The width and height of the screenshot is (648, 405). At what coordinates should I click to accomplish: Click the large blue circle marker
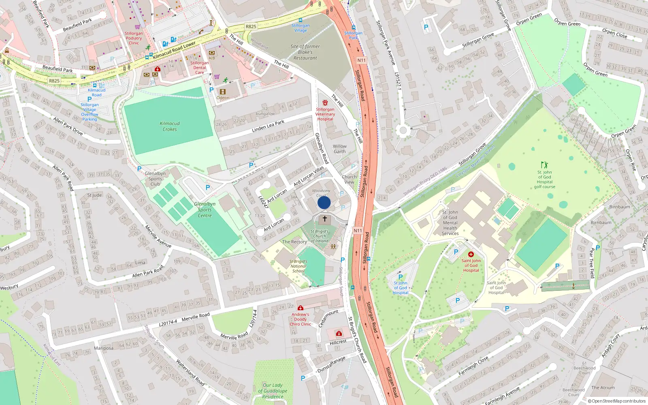(x=324, y=202)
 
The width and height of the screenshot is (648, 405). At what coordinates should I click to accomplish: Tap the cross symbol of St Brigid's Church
(x=324, y=219)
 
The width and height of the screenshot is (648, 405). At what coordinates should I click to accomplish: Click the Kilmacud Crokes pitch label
(x=170, y=126)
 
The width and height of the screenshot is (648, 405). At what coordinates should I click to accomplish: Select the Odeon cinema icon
(x=222, y=92)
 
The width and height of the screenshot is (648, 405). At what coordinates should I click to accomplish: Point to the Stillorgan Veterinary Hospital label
(x=325, y=114)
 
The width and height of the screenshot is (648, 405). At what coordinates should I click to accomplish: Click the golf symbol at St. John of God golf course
(x=544, y=165)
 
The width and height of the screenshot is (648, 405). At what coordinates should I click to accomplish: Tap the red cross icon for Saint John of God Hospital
(x=471, y=254)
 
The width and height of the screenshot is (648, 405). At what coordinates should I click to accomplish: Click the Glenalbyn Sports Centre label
(x=205, y=210)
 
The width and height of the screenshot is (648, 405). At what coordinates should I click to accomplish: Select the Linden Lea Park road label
(x=268, y=126)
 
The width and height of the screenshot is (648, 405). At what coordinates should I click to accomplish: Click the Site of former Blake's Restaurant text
(x=305, y=52)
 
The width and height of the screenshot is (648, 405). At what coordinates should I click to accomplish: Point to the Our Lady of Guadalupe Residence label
(x=273, y=391)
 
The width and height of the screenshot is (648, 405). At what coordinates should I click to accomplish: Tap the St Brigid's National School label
(x=298, y=266)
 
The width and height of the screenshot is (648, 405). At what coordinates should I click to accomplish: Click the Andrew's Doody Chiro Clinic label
(x=301, y=319)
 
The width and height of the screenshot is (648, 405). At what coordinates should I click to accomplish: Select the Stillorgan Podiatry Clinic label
(x=134, y=38)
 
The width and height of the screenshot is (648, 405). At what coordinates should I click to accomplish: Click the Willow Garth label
(x=340, y=149)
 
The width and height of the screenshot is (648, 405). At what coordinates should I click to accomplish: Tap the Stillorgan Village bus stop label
(x=301, y=28)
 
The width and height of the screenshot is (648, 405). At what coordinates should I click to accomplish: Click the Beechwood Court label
(x=584, y=370)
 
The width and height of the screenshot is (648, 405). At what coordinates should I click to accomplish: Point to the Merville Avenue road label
(x=158, y=237)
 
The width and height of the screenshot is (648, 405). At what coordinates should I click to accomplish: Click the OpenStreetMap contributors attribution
(x=616, y=401)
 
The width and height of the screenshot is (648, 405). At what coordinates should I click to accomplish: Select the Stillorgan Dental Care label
(x=200, y=68)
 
